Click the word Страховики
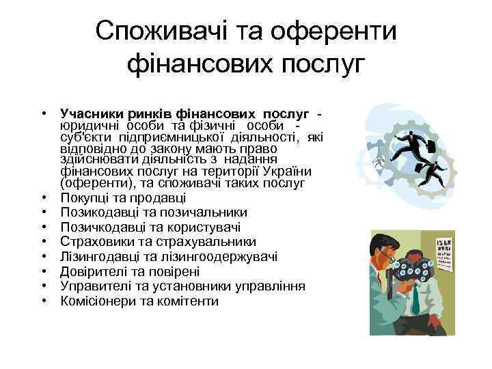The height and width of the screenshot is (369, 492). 96,242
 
